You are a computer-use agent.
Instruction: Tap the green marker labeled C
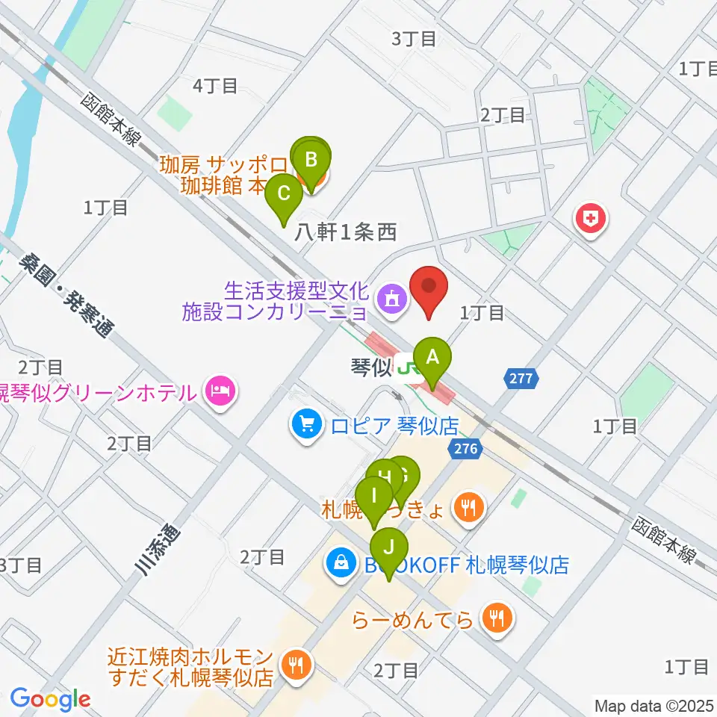(284, 194)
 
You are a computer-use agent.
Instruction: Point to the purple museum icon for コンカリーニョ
(391, 299)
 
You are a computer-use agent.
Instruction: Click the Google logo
(50, 699)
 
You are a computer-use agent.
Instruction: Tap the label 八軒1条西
(344, 233)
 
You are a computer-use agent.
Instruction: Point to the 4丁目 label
(215, 86)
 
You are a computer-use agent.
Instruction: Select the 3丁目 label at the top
(414, 39)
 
